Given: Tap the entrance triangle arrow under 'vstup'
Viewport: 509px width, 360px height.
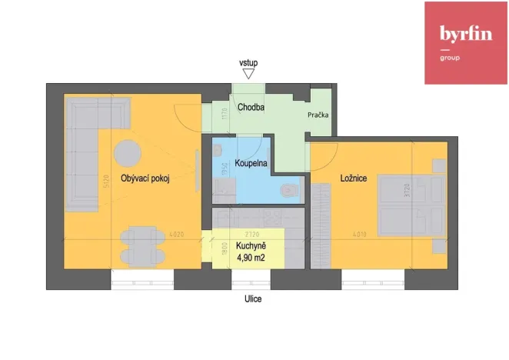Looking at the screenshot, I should pos(248,74).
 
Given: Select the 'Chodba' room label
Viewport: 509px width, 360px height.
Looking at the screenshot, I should pos(251,108).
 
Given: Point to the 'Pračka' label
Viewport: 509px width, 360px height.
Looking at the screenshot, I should pos(318,115).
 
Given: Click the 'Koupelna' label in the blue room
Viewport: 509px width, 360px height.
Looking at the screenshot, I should pos(251,165).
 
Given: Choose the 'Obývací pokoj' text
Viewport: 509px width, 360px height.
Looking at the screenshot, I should pos(145,178).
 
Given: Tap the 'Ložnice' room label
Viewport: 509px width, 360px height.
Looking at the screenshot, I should pos(354,178).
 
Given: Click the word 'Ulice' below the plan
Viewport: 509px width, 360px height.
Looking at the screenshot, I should pos(253,299).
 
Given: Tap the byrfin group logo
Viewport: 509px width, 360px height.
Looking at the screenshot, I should pos(466,43).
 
